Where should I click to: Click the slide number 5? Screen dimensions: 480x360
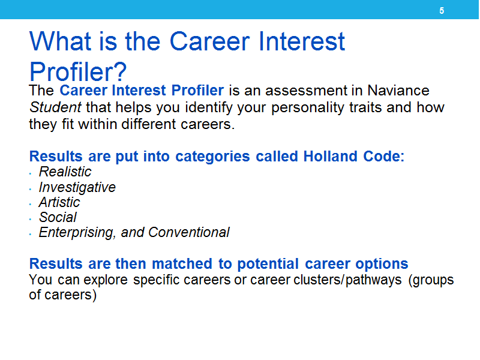[x=442, y=11]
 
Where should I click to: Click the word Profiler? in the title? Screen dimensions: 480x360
[x=78, y=71]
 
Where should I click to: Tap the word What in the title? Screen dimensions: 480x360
[x=61, y=41]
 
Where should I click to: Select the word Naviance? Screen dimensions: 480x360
[x=398, y=91]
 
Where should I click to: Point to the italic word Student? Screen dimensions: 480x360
[x=55, y=107]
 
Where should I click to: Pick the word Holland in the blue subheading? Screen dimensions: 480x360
[x=331, y=156]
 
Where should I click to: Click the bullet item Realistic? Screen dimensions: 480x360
[x=65, y=172]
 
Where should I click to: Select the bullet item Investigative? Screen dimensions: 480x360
[x=77, y=187]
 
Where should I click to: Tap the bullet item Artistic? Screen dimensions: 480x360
[x=59, y=202]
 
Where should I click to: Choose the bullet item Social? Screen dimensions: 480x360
[x=58, y=217]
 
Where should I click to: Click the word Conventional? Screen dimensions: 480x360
[x=189, y=232]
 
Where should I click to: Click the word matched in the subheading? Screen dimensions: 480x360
[x=182, y=263]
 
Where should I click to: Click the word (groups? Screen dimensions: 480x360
[x=431, y=280]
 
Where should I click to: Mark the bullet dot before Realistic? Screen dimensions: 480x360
[x=31, y=174]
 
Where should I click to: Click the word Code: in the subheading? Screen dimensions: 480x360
[x=384, y=156]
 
